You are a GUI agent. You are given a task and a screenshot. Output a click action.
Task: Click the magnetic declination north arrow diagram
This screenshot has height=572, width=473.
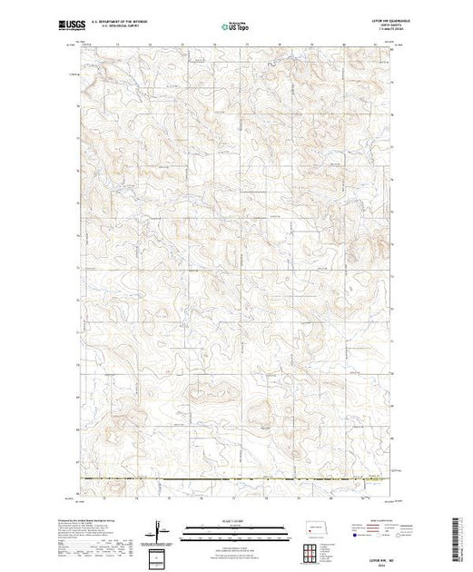pyautogui.click(x=162, y=530)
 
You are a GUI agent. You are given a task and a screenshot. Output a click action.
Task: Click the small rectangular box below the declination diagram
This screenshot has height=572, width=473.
pyautogui.click(x=161, y=557)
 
